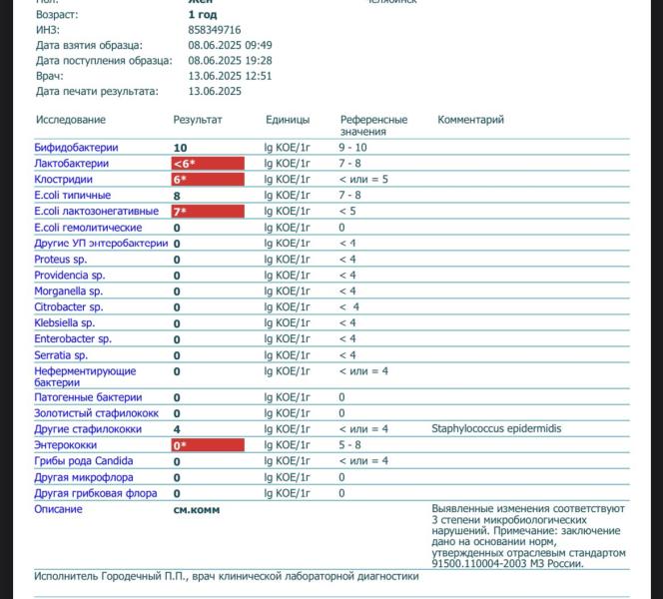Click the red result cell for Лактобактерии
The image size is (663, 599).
pos(208,164)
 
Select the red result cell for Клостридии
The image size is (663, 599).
pos(208,180)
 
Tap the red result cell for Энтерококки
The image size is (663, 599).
pos(208,445)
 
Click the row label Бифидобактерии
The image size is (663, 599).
pos(76,148)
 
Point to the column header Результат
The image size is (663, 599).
pos(198,120)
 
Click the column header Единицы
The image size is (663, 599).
pos(288,120)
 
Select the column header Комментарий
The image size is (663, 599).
pos(470,120)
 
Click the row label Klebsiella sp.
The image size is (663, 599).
pos(64,323)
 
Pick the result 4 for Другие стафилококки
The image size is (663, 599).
pos(177,429)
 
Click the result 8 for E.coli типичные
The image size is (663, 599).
pos(177,196)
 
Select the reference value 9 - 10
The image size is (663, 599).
pos(353,148)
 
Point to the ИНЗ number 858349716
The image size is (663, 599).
pos(215,30)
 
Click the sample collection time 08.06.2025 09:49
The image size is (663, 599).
pos(230,45)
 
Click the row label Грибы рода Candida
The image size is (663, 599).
pos(83,461)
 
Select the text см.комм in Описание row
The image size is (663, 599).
pos(197,509)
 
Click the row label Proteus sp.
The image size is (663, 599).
pos(60,260)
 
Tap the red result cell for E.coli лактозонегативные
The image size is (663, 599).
pos(208,212)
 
